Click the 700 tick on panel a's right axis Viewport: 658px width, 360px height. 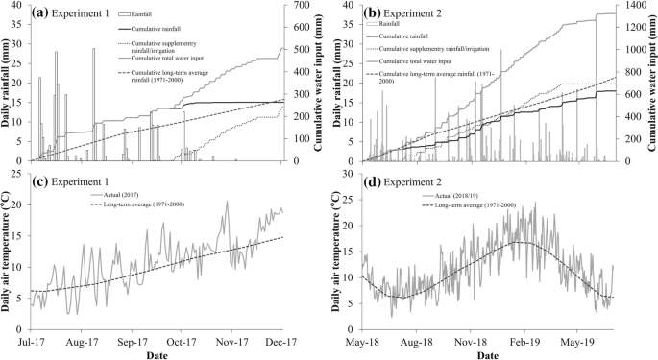pos(300,6)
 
